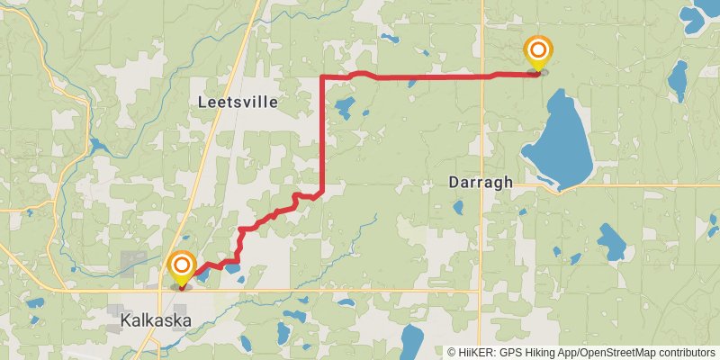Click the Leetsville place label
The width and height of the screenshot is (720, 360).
[238, 103]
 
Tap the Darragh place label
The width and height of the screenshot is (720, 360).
[481, 182]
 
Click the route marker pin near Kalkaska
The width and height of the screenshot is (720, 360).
[183, 267]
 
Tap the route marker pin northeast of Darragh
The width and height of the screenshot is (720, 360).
[538, 51]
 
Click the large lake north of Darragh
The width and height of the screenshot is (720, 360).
[560, 139]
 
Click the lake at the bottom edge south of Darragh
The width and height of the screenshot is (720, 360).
[411, 343]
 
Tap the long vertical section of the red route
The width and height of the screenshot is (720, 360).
[322, 135]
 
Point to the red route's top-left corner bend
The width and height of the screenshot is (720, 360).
[322, 78]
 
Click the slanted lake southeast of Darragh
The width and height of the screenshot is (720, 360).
[612, 239]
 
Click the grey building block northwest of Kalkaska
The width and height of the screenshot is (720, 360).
[132, 264]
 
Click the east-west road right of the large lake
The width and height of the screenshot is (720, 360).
[648, 186]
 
